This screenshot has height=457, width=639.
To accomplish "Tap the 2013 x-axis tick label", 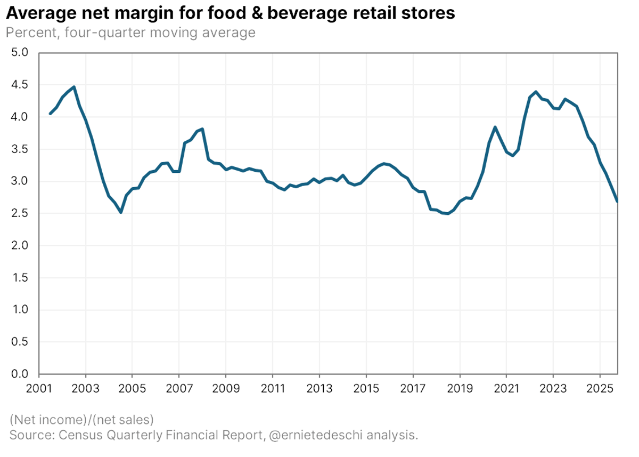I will tap(319, 387).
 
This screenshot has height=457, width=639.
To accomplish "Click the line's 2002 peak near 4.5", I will tap(73, 87).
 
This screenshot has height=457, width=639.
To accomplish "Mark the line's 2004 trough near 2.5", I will tap(121, 212).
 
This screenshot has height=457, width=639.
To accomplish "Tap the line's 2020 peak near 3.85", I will tap(495, 127).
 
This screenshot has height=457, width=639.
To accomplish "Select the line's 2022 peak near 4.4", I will tap(536, 92).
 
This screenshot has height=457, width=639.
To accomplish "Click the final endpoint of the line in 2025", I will tap(617, 201).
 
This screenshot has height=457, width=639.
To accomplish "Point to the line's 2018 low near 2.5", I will tap(448, 214).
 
